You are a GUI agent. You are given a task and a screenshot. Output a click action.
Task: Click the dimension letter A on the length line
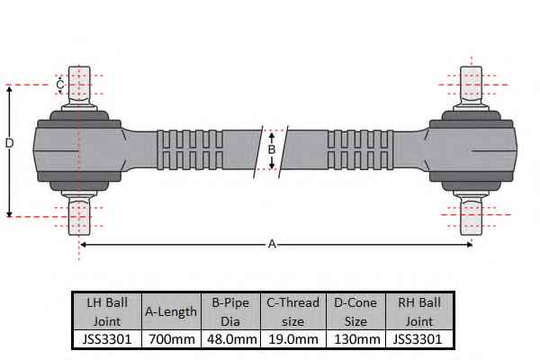pyautogui.click(x=272, y=244)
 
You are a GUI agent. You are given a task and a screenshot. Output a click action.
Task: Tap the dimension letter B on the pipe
pyautogui.click(x=272, y=150)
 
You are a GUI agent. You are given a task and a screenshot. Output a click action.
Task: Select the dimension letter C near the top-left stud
pyautogui.click(x=60, y=85)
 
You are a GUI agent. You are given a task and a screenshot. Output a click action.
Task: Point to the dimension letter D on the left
pyautogui.click(x=9, y=142)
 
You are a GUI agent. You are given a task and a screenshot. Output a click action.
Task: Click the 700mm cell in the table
pyautogui.click(x=172, y=339)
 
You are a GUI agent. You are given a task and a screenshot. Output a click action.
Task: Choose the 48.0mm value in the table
pyautogui.click(x=231, y=339)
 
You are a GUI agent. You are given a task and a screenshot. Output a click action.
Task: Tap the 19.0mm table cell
pyautogui.click(x=293, y=339)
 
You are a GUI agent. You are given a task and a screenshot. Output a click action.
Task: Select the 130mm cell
pyautogui.click(x=356, y=339)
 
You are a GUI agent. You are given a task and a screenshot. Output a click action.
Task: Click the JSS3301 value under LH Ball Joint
pyautogui.click(x=107, y=339)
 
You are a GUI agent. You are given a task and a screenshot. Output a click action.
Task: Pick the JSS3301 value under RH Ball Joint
pyautogui.click(x=417, y=339)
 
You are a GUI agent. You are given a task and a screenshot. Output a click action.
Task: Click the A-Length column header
pyautogui.click(x=171, y=311)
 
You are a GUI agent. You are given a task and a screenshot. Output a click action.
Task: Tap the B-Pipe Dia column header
pyautogui.click(x=230, y=311)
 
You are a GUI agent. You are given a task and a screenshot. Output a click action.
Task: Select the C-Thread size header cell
pyautogui.click(x=293, y=311)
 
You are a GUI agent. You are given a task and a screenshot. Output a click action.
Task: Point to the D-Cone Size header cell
pyautogui.click(x=355, y=311)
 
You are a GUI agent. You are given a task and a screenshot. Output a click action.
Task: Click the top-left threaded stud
pyautogui.click(x=79, y=85)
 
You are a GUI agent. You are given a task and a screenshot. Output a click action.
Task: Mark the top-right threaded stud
pyautogui.click(x=471, y=85)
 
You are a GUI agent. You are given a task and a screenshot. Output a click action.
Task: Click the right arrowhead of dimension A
pyautogui.click(x=470, y=245)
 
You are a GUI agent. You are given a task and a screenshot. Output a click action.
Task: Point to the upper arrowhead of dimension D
pyautogui.click(x=10, y=89)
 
